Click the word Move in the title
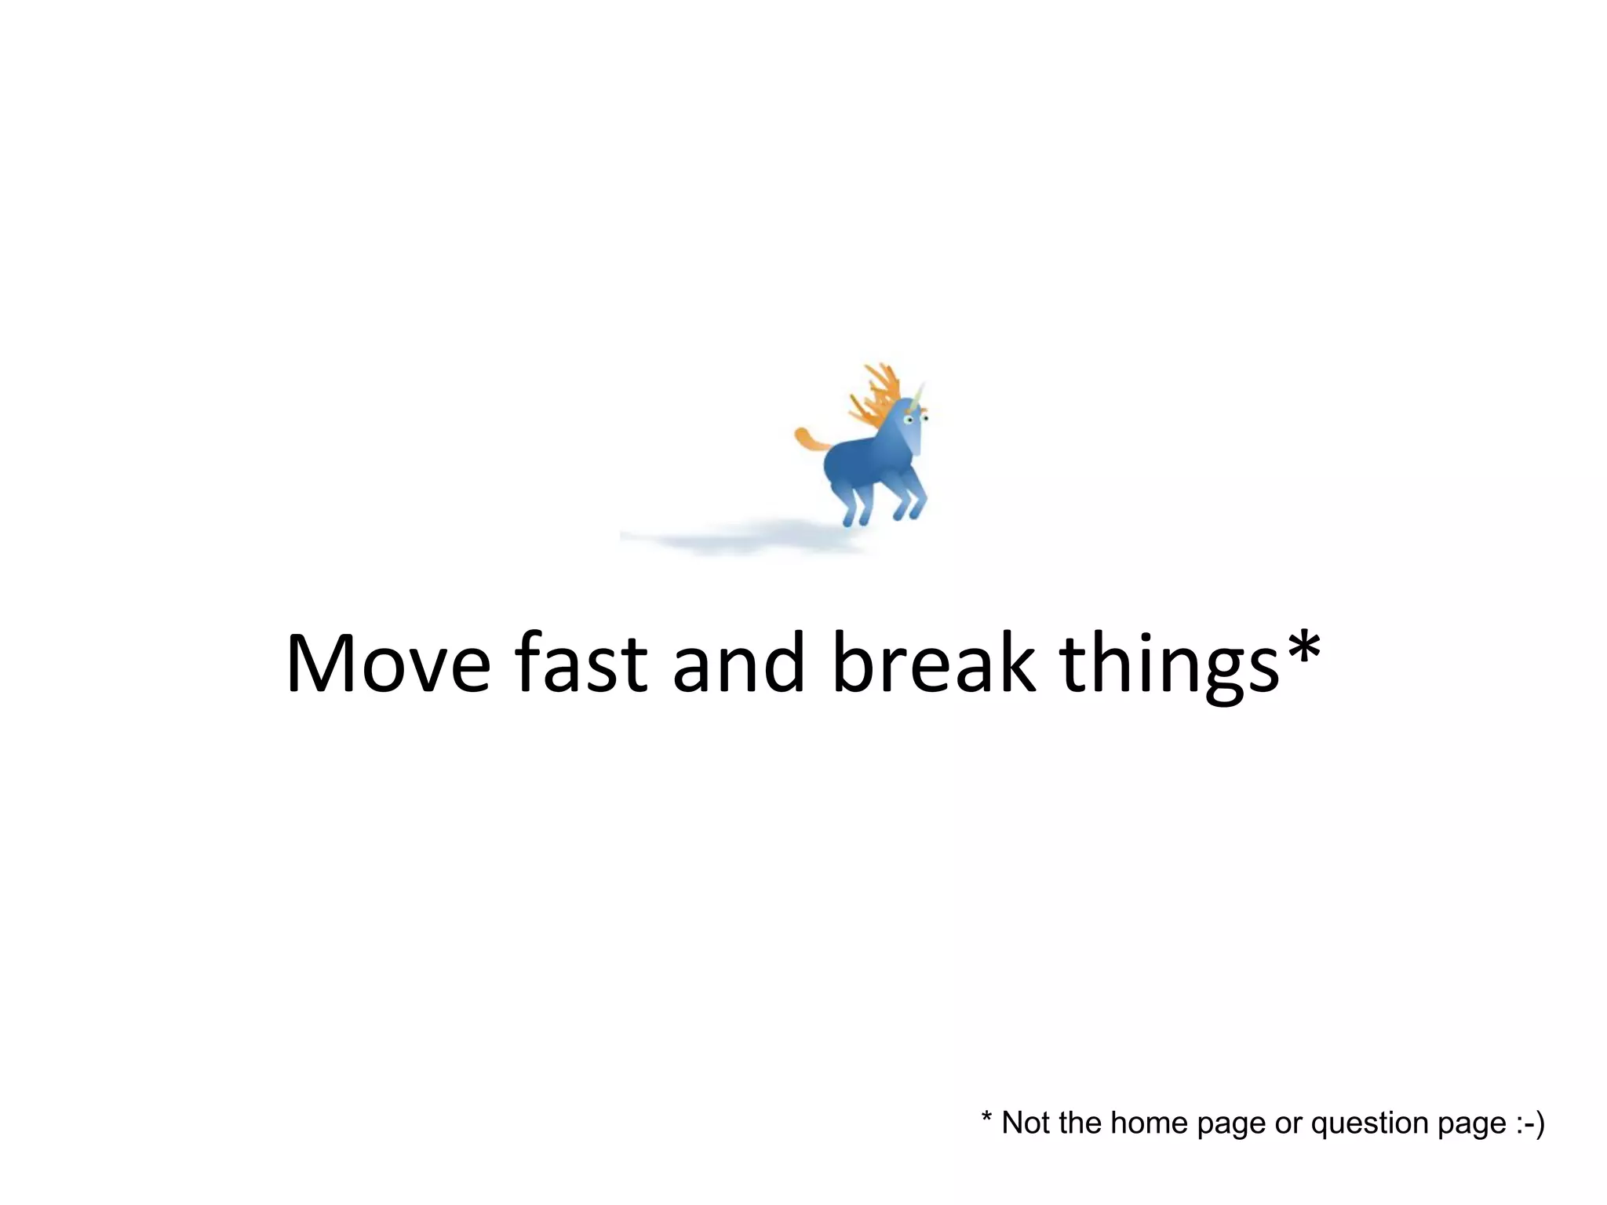coord(388,664)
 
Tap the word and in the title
coord(738,664)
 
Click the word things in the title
coord(1169,667)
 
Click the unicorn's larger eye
coord(909,420)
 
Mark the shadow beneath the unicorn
coord(745,539)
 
